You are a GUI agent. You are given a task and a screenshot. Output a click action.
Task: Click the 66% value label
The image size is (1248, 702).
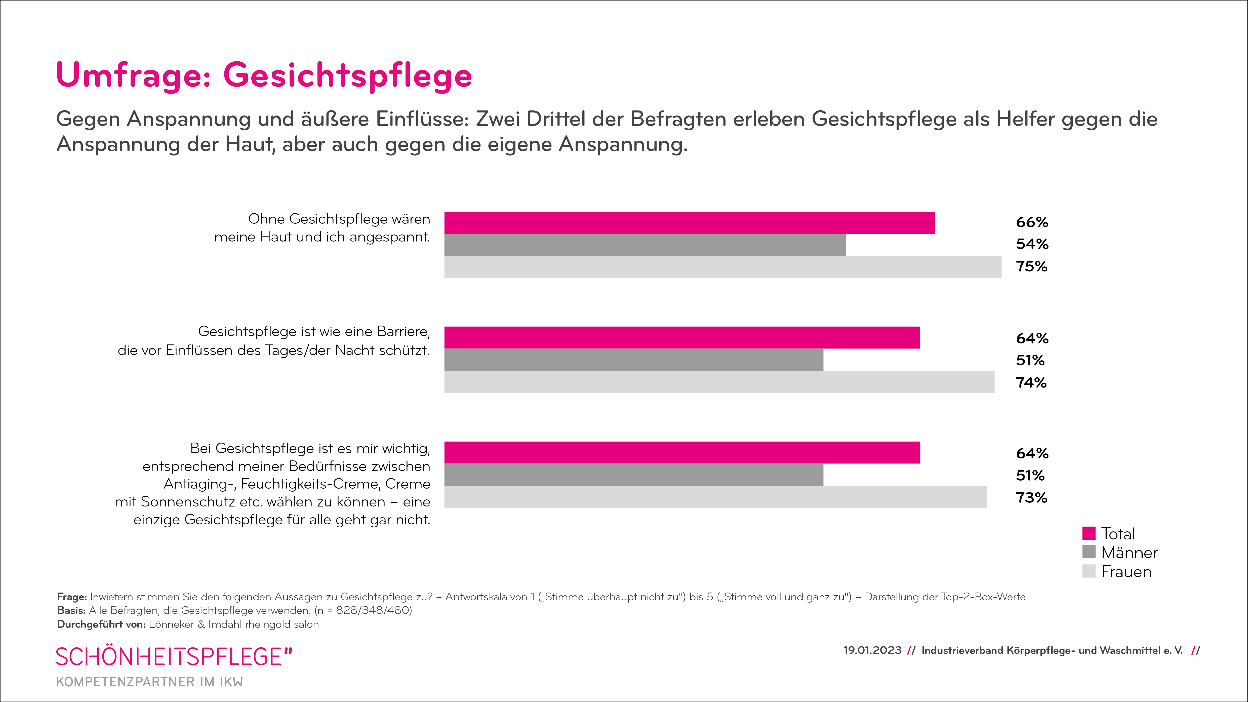click(x=1032, y=222)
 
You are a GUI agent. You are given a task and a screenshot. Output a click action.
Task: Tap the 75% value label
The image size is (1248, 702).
click(x=1031, y=266)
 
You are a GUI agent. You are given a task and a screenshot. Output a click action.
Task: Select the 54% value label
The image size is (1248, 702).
click(x=1032, y=244)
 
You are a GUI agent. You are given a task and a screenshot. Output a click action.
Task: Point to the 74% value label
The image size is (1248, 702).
click(x=1031, y=383)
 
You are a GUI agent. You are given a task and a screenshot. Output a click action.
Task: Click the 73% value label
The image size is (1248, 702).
click(x=1031, y=497)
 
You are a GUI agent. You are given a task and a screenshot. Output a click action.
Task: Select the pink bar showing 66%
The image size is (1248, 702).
click(x=689, y=223)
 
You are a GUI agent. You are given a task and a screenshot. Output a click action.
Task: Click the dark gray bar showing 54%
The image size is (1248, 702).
click(x=644, y=245)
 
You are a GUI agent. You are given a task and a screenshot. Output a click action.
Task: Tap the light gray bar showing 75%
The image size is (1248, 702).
click(x=722, y=267)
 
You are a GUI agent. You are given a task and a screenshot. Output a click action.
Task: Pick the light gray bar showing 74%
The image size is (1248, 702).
click(x=719, y=382)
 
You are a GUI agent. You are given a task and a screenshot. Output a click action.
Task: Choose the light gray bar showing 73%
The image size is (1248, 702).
click(x=715, y=497)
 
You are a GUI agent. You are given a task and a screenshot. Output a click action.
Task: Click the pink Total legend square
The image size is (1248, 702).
click(x=1089, y=533)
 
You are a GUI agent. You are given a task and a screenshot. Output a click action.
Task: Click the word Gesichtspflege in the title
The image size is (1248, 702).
click(x=347, y=75)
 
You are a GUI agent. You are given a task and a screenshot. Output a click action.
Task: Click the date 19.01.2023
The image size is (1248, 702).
click(x=872, y=650)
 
